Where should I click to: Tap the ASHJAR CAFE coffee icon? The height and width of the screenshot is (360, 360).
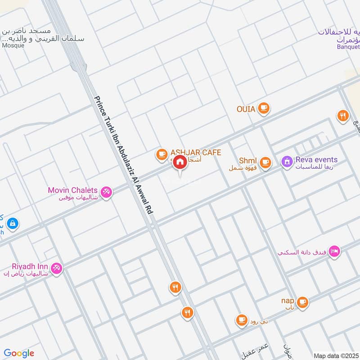(x=161, y=154)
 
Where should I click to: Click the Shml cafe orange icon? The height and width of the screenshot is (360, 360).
(x=265, y=162)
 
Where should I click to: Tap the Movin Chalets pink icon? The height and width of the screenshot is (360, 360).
(x=106, y=191)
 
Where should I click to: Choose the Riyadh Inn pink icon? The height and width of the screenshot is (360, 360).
(x=56, y=268)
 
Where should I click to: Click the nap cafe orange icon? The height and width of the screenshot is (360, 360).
(x=302, y=301)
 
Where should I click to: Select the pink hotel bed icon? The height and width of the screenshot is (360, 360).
(x=334, y=251)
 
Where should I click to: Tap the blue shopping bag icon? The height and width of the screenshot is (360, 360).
(x=12, y=223)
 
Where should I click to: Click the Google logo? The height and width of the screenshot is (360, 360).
(x=19, y=353)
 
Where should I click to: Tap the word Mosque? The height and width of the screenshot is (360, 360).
(x=13, y=45)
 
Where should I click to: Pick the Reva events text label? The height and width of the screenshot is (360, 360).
(x=316, y=160)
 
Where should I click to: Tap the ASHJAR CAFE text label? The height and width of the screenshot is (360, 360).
(x=195, y=153)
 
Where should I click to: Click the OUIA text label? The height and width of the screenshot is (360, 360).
(x=246, y=109)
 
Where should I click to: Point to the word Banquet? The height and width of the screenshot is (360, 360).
(x=348, y=46)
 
